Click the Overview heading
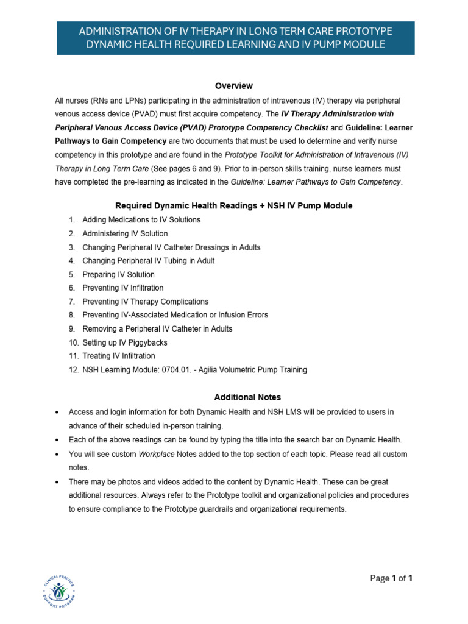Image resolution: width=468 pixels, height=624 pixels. pos(233,86)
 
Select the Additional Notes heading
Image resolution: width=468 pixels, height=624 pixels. pos(233,397)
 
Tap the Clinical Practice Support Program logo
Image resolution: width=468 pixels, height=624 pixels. pos(60,590)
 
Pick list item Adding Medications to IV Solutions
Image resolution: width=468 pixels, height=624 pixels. pos(141,220)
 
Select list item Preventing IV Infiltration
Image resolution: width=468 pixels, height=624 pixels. pos(122,288)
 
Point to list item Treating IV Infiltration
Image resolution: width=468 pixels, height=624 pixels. pos(118,356)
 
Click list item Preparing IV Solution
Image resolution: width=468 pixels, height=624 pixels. pos(118,274)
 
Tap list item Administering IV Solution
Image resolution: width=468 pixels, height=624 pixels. pos(125,233)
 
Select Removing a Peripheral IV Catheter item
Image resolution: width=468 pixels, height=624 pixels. pos(157,328)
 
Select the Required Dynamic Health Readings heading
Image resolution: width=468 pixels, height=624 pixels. pos(233,206)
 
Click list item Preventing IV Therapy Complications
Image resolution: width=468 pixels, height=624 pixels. pos(145,302)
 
